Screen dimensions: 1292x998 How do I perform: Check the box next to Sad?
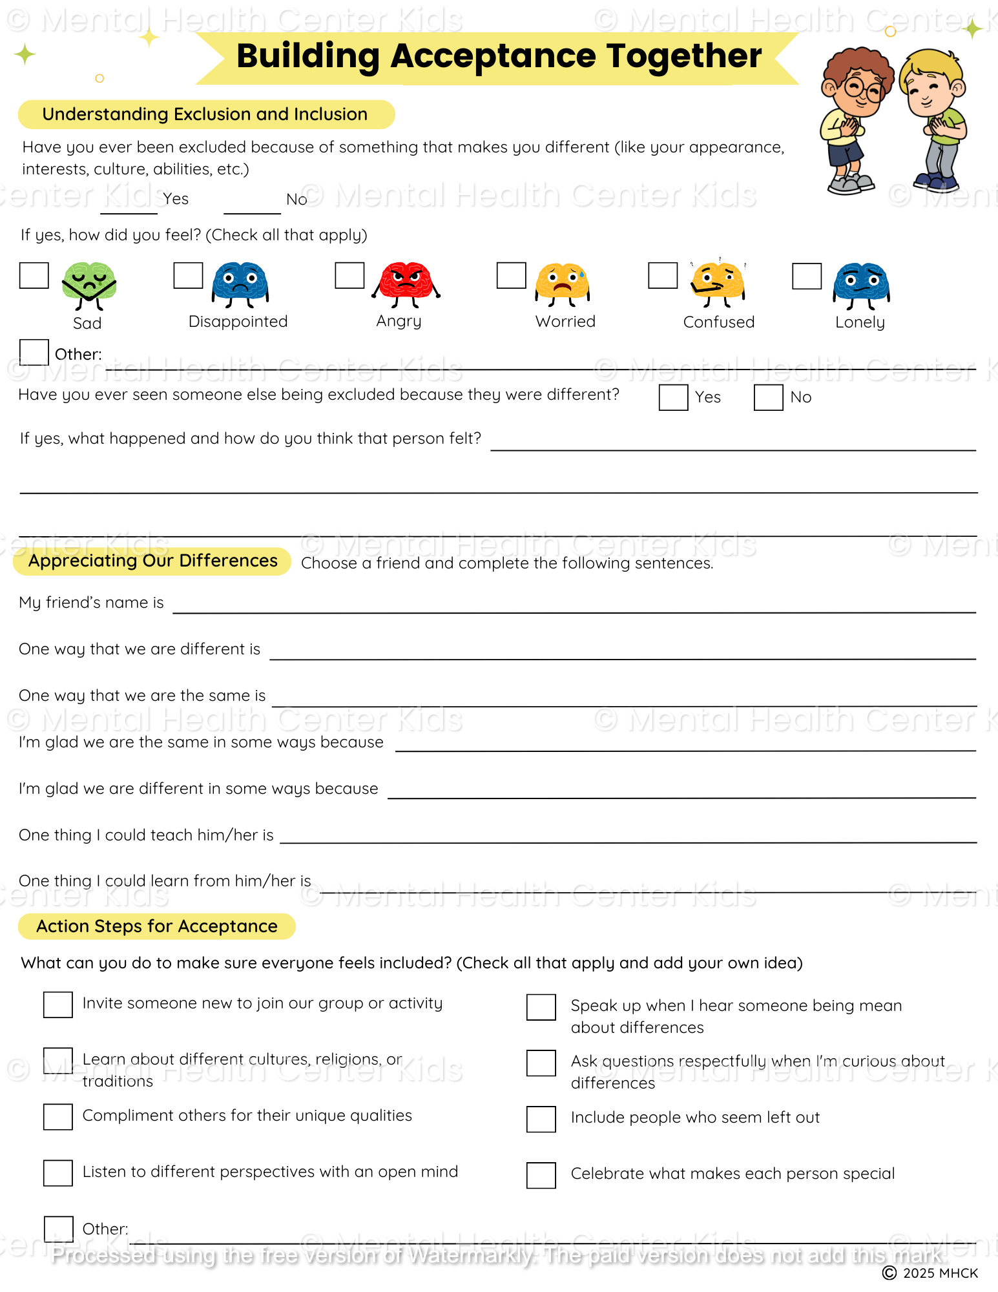34,276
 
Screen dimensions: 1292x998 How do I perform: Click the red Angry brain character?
406,284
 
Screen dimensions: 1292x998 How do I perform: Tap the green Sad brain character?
89,284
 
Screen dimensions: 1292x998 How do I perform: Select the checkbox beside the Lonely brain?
807,276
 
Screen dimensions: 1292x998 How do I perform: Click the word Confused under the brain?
718,322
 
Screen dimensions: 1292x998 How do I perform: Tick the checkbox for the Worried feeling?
511,276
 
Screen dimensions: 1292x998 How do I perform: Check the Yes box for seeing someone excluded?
673,397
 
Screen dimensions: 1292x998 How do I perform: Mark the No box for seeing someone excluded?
768,397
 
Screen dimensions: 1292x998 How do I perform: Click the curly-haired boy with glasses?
851,120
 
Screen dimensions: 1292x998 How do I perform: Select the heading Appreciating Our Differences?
153,561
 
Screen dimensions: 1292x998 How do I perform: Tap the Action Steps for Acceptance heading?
157,926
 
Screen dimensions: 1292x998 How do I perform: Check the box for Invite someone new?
58,1005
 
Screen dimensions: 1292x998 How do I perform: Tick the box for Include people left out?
541,1120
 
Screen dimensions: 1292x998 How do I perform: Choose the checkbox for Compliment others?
58,1117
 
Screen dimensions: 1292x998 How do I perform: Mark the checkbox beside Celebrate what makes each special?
541,1175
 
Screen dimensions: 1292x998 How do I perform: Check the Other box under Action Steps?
58,1229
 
